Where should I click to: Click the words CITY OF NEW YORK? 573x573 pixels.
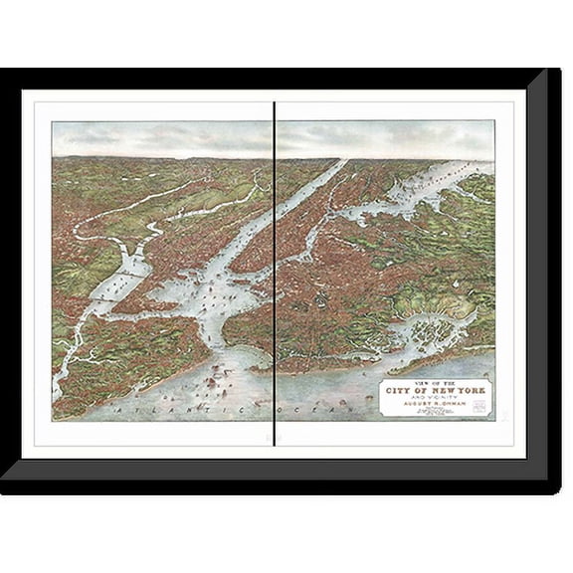tap(436, 391)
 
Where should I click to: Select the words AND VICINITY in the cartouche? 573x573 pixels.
tap(436, 398)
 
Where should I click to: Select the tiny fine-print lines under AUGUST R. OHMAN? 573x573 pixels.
tap(436, 411)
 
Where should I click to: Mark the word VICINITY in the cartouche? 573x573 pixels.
tap(442, 398)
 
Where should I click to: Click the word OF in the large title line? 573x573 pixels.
tap(422, 391)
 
